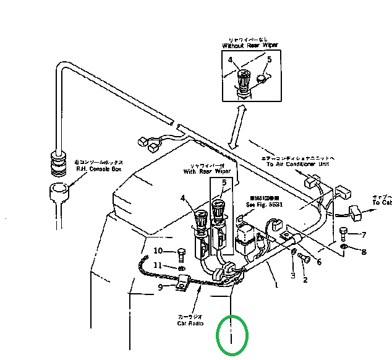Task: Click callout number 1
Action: click(276, 285)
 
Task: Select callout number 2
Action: click(304, 280)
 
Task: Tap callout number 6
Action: click(319, 262)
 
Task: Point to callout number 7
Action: click(364, 234)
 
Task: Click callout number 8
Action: click(364, 252)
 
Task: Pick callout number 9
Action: click(160, 287)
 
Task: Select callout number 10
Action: click(158, 251)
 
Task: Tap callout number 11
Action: click(158, 265)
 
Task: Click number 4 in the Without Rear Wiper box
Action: click(230, 60)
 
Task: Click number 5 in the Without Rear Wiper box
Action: click(269, 59)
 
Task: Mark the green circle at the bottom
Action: click(231, 335)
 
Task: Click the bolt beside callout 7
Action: click(344, 234)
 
